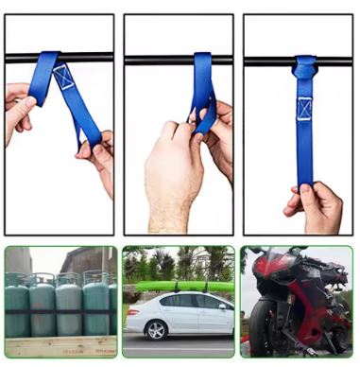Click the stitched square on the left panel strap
point(63,77)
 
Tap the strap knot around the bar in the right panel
point(304,66)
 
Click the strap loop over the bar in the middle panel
point(203,62)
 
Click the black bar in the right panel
point(265,62)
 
